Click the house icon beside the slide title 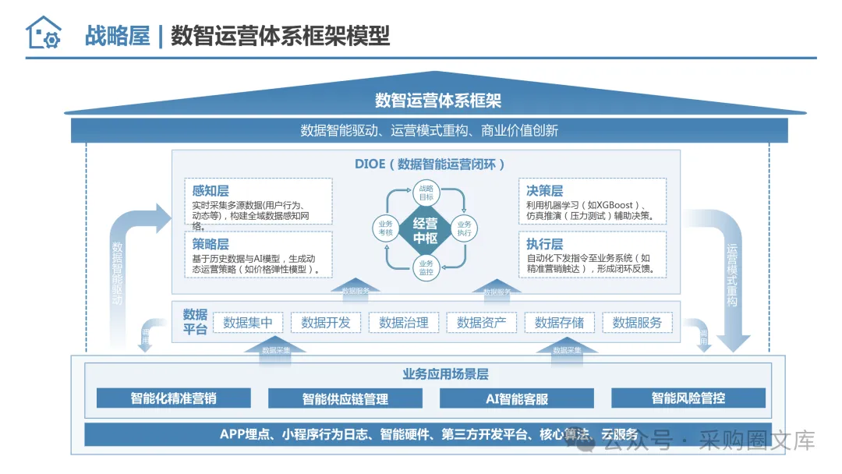tap(43, 34)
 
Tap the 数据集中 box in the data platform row tap(248, 323)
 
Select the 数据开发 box tap(326, 323)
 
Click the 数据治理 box tap(404, 323)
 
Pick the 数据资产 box tap(482, 323)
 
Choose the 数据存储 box tap(560, 323)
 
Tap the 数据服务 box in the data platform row tap(637, 323)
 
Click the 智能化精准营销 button tap(174, 398)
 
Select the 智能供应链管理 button tap(345, 398)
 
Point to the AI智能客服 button tap(517, 398)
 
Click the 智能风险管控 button tap(688, 398)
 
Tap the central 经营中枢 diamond tap(425, 230)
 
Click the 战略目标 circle tap(426, 193)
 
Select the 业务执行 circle tap(465, 229)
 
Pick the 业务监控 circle tap(426, 267)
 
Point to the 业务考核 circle tap(385, 229)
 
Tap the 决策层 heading tap(544, 191)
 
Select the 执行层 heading tap(544, 244)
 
